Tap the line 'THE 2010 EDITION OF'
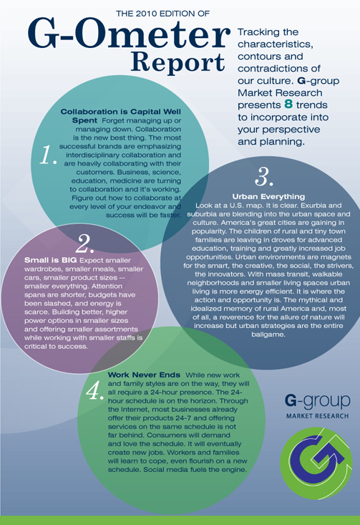click(162, 14)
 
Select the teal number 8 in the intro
click(288, 105)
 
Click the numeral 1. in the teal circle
click(48, 155)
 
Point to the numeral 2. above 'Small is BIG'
click(84, 244)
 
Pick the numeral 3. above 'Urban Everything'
click(264, 176)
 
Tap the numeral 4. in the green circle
click(95, 390)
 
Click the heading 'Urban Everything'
click(268, 196)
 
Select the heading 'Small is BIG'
click(51, 260)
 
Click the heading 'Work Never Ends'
click(144, 375)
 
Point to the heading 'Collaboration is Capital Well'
click(121, 112)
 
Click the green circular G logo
click(316, 463)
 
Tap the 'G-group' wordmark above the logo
click(318, 402)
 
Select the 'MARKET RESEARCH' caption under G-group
click(317, 416)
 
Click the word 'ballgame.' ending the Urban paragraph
click(268, 334)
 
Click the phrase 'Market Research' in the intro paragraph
click(280, 92)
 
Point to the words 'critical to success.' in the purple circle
click(56, 347)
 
